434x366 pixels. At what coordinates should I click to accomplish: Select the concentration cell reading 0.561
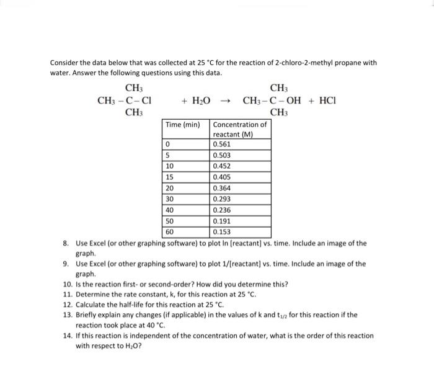pos(222,144)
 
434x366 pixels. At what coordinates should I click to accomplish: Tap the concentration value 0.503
pos(222,155)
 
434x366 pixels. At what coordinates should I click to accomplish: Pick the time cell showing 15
pos(170,177)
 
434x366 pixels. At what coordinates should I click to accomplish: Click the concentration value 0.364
pos(222,188)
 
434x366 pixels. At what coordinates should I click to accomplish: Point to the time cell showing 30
pos(170,199)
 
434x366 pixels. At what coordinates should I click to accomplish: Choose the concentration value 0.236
pos(222,210)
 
